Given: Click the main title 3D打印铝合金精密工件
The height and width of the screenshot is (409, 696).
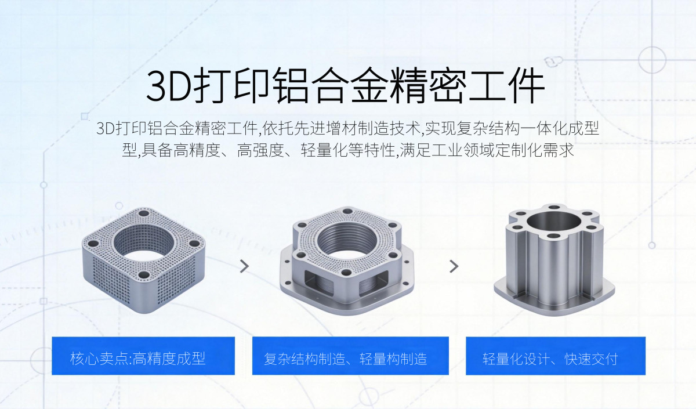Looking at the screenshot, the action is (345, 85).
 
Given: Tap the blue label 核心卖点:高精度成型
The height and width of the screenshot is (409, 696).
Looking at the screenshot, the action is (143, 356).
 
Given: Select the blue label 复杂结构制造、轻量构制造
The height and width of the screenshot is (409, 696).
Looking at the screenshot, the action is (350, 356).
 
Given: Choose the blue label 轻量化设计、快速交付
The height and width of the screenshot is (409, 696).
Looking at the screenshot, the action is (556, 356).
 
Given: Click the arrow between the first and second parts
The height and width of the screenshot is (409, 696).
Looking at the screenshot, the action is (245, 266).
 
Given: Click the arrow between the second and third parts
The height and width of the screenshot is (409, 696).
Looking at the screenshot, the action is (454, 266).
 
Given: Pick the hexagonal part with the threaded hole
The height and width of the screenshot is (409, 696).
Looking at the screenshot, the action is (347, 260).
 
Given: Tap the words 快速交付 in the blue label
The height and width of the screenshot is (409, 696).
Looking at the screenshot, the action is (591, 359).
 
